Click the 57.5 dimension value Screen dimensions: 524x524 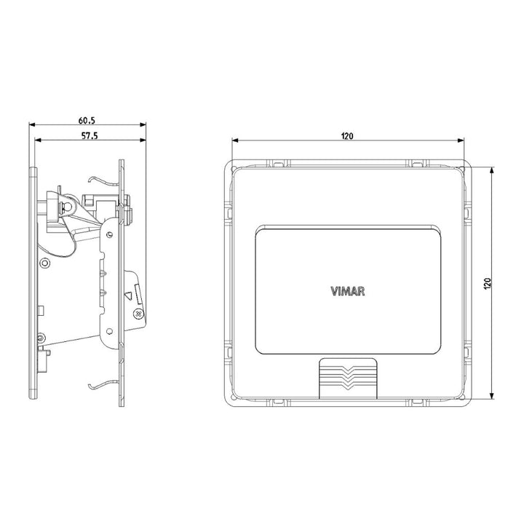point(90,135)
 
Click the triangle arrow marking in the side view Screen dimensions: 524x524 point(129,295)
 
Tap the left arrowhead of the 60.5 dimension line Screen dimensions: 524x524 point(33,124)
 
